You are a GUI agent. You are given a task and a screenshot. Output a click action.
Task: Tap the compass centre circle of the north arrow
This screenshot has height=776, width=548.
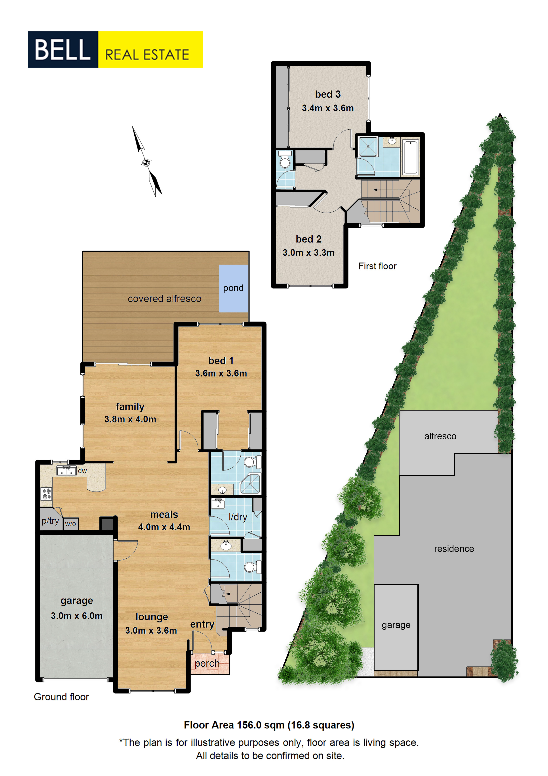click(146, 163)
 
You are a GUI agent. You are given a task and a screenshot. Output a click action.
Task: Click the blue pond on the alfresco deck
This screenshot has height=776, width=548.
click(234, 288)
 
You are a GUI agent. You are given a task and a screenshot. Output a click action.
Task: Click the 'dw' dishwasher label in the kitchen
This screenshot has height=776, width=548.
click(82, 471)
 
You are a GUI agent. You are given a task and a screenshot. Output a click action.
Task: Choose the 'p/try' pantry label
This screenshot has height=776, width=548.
click(50, 521)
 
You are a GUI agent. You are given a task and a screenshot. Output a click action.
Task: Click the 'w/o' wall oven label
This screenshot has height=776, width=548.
click(70, 524)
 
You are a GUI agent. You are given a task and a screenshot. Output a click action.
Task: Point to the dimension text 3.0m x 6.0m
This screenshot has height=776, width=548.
click(77, 616)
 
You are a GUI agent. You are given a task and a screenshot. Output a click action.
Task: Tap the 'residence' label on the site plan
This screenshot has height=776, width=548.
click(454, 549)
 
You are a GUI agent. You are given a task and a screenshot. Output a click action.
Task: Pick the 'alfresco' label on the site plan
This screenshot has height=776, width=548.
click(440, 436)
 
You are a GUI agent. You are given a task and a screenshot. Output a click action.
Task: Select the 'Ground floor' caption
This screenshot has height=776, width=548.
click(61, 697)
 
